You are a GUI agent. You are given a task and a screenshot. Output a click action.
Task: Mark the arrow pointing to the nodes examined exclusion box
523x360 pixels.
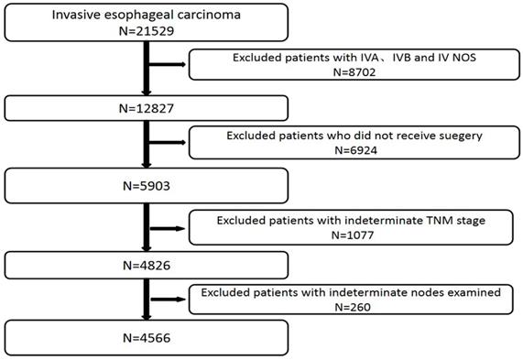tap(168, 298)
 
